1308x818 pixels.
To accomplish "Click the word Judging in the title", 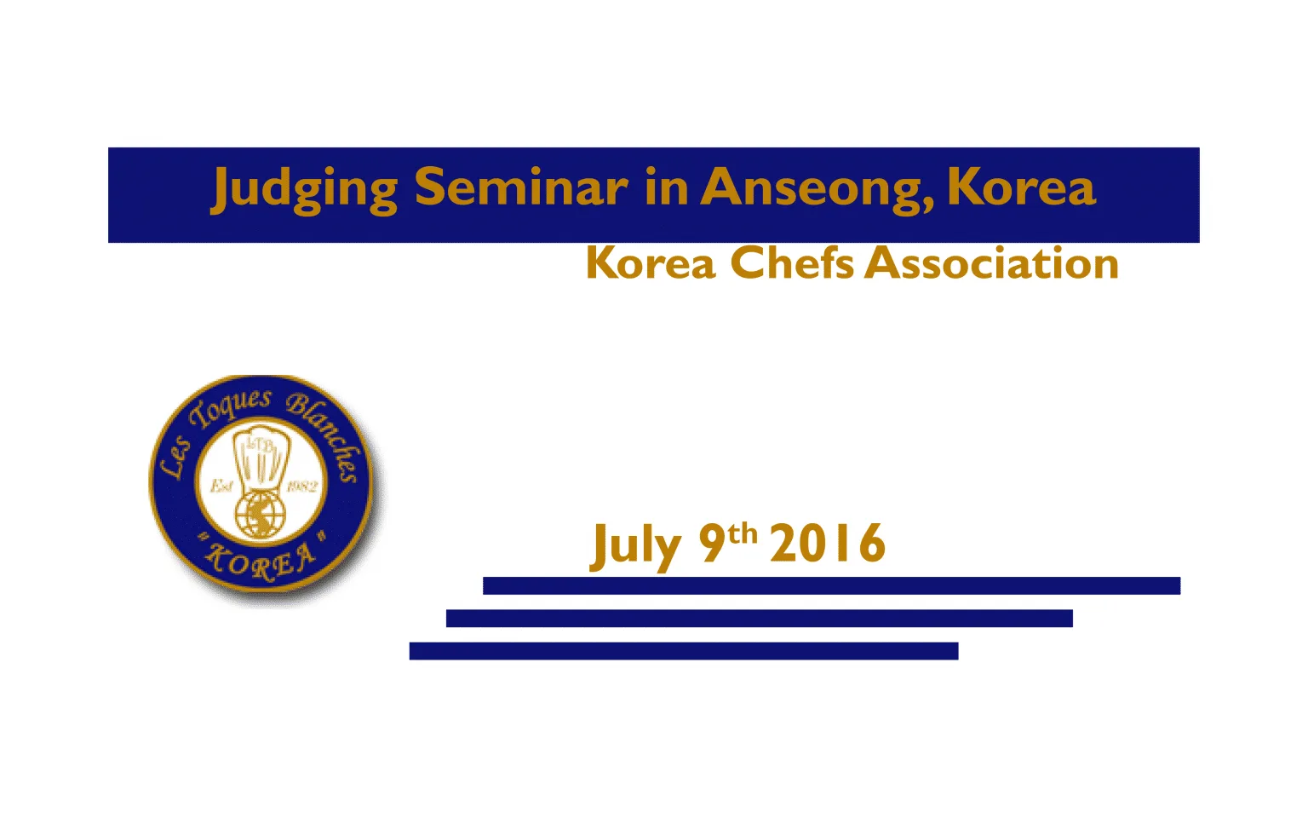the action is pos(304,190).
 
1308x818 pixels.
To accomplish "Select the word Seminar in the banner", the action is pos(521,187).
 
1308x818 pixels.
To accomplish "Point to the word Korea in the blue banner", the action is pos(1022,187).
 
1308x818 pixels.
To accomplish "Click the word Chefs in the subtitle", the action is pos(792,263).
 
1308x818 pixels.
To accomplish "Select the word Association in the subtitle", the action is pos(991,263).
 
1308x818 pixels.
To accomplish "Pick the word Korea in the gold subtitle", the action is pos(651,263).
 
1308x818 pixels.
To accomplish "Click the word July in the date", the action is pos(635,545).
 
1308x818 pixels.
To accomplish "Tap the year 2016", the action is pos(828,543).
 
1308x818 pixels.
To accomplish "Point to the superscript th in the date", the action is pos(743,534).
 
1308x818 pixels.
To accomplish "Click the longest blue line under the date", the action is pos(831,585).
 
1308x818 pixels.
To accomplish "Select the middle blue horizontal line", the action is pos(759,618).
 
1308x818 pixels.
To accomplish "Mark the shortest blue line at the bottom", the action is pos(684,651).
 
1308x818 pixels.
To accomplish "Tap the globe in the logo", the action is pos(261,514).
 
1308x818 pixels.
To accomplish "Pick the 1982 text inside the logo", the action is pos(301,487).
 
